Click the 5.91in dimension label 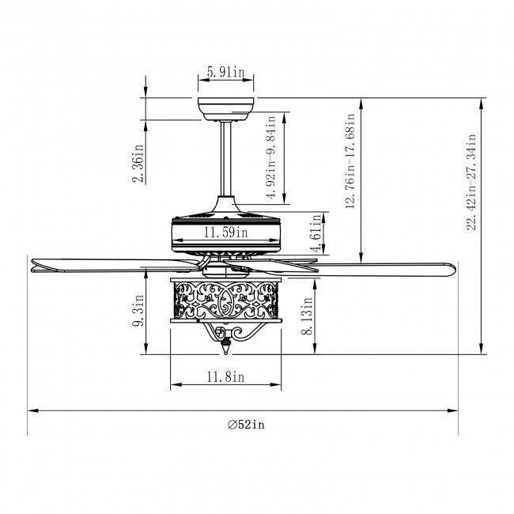click(226, 72)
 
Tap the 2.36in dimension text click(138, 163)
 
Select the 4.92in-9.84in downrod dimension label click(272, 157)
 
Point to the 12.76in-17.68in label click(350, 161)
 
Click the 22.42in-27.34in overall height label click(471, 182)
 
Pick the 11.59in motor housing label click(226, 232)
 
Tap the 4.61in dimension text click(316, 233)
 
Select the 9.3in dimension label click(139, 310)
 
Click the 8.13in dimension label click(307, 316)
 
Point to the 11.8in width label click(226, 377)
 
